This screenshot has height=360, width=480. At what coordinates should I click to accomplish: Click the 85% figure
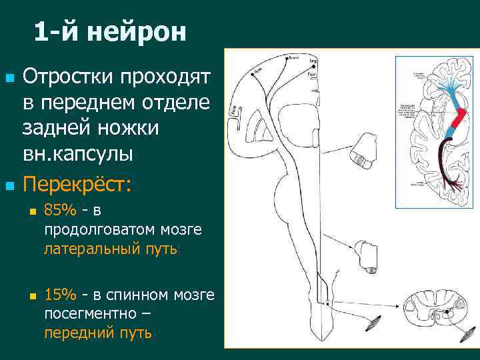(x=60, y=211)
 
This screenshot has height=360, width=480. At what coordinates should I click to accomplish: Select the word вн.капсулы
(x=78, y=154)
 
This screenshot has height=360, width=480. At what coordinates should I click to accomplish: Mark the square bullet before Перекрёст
(x=9, y=183)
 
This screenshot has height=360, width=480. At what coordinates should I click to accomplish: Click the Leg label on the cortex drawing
(x=313, y=61)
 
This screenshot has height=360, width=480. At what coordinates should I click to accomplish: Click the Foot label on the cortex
(x=312, y=75)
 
